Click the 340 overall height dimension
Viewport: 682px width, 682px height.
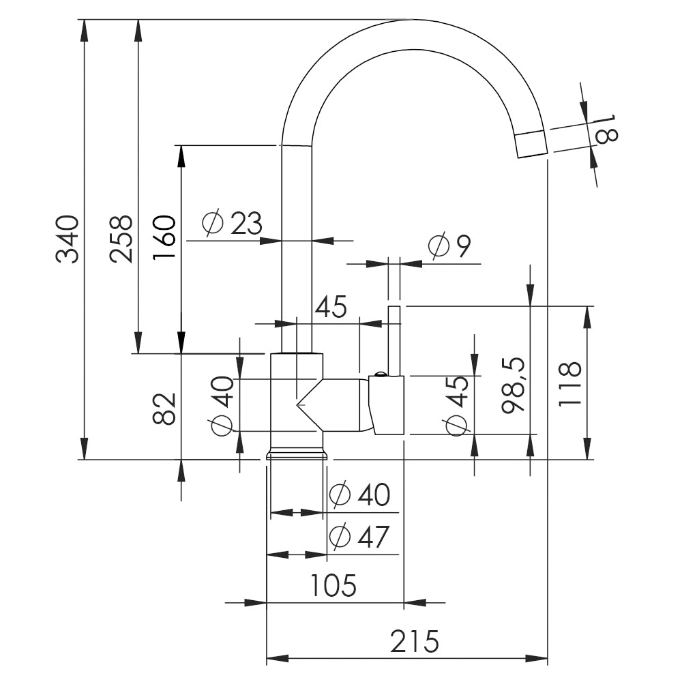[x=68, y=239]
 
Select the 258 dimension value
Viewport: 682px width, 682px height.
[x=121, y=239]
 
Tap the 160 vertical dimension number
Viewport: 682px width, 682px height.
[x=164, y=237]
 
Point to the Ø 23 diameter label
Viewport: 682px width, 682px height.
[x=233, y=224]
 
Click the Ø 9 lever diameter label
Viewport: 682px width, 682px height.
[x=449, y=247]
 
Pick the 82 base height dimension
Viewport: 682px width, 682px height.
[x=164, y=409]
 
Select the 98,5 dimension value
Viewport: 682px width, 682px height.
[x=514, y=385]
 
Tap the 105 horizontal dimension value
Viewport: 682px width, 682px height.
[x=333, y=585]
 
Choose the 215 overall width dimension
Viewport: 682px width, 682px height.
[x=414, y=642]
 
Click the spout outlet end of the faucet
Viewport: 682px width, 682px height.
[x=531, y=144]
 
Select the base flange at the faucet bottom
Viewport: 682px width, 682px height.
[x=296, y=454]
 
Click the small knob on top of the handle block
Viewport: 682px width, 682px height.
[x=379, y=373]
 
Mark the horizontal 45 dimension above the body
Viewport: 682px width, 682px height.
[x=331, y=307]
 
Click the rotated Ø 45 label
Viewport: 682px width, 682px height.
[x=456, y=406]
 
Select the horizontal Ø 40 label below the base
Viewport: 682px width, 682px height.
[x=359, y=494]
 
